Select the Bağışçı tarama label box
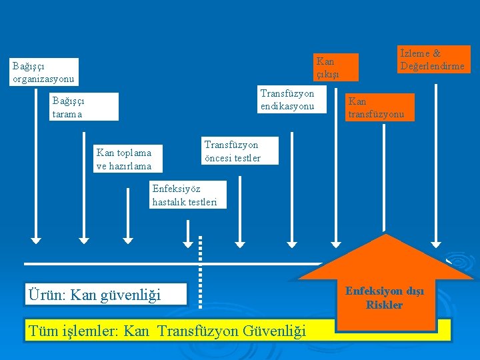[x=85, y=107]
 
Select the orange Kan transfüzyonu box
[x=378, y=107]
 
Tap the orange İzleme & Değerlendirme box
[x=434, y=59]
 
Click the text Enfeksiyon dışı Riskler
[x=384, y=298]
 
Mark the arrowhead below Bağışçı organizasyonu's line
[x=35, y=237]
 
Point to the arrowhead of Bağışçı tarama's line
[x=84, y=237]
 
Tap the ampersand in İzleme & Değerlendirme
[x=436, y=53]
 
